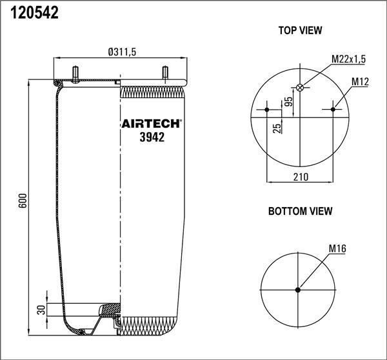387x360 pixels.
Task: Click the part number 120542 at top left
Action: pyautogui.click(x=34, y=13)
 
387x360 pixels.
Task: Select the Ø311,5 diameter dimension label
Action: pyautogui.click(x=122, y=52)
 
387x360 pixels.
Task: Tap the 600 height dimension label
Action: pyautogui.click(x=23, y=201)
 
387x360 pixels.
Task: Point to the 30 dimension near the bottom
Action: pyautogui.click(x=42, y=310)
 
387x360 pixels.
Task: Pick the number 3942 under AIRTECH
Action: pyautogui.click(x=152, y=137)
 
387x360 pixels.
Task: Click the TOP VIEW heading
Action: pyautogui.click(x=300, y=30)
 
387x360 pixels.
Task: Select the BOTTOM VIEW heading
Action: pyautogui.click(x=300, y=211)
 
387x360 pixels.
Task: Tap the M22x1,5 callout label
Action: pyautogui.click(x=348, y=59)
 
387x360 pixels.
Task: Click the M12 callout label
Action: pyautogui.click(x=360, y=81)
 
